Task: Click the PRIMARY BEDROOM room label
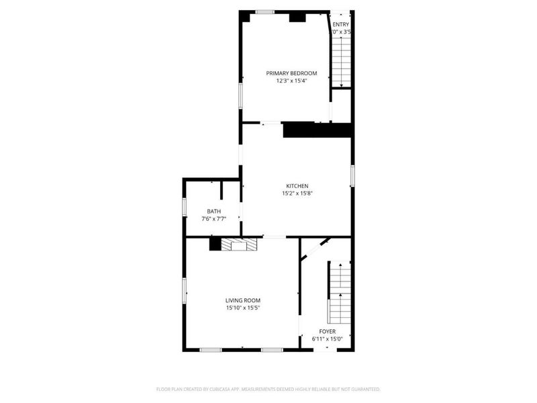pyautogui.click(x=291, y=73)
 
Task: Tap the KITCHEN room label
pyautogui.click(x=297, y=186)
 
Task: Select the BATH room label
pyautogui.click(x=213, y=211)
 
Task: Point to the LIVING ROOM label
pyautogui.click(x=242, y=300)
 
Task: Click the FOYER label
pyautogui.click(x=327, y=331)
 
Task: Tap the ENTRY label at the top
pyautogui.click(x=341, y=25)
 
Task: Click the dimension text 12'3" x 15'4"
pyautogui.click(x=291, y=81)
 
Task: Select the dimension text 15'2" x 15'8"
pyautogui.click(x=297, y=193)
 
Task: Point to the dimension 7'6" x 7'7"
pyautogui.click(x=213, y=218)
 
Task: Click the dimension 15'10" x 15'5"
pyautogui.click(x=242, y=308)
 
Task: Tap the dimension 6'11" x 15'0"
pyautogui.click(x=327, y=339)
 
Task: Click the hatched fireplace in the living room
pyautogui.click(x=239, y=244)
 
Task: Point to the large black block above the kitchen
pyautogui.click(x=318, y=130)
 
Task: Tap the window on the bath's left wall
pyautogui.click(x=185, y=206)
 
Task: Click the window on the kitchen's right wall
pyautogui.click(x=352, y=175)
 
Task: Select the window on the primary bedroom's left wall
pyautogui.click(x=241, y=95)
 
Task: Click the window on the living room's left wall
pyautogui.click(x=185, y=291)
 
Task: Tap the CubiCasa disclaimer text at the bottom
pyautogui.click(x=268, y=389)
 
